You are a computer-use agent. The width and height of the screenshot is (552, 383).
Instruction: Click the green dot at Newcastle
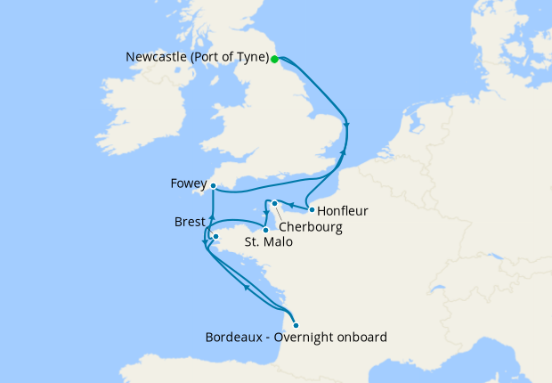pos(275,60)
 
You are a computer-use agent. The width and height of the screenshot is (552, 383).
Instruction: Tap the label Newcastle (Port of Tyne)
pos(197,59)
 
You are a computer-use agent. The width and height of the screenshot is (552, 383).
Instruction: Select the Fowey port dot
pos(214,186)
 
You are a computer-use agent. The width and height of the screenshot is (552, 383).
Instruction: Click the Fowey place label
pos(188,185)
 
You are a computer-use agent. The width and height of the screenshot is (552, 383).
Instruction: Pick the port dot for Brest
pos(215,237)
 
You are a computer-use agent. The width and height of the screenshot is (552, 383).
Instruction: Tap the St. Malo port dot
pos(265,231)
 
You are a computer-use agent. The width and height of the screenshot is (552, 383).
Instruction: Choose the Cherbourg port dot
pos(275,204)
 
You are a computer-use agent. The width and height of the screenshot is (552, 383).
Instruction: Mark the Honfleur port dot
pos(311,210)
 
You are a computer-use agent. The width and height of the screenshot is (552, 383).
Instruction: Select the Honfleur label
pos(343,211)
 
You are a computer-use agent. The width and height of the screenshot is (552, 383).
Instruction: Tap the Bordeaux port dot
pos(296,325)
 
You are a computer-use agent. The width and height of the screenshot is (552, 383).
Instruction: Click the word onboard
pos(363,338)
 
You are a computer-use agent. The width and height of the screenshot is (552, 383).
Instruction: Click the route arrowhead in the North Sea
pos(345,126)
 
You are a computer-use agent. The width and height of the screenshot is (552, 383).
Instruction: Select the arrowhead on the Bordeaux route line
pos(246,287)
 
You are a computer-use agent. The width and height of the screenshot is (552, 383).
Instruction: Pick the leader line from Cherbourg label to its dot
pos(282,213)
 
